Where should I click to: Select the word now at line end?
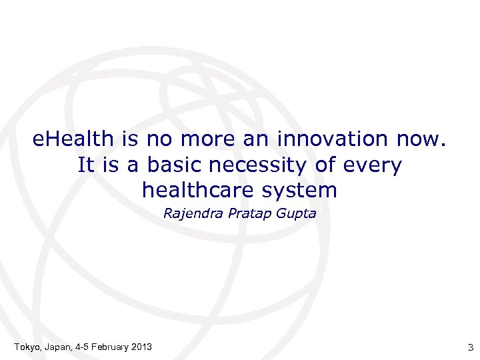(420, 139)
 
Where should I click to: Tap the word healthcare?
(196, 190)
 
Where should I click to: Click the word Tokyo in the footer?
(27, 347)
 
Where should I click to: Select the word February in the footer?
(108, 347)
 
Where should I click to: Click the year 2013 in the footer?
(141, 347)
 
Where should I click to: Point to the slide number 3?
(470, 347)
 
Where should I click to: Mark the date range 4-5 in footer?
(81, 347)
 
